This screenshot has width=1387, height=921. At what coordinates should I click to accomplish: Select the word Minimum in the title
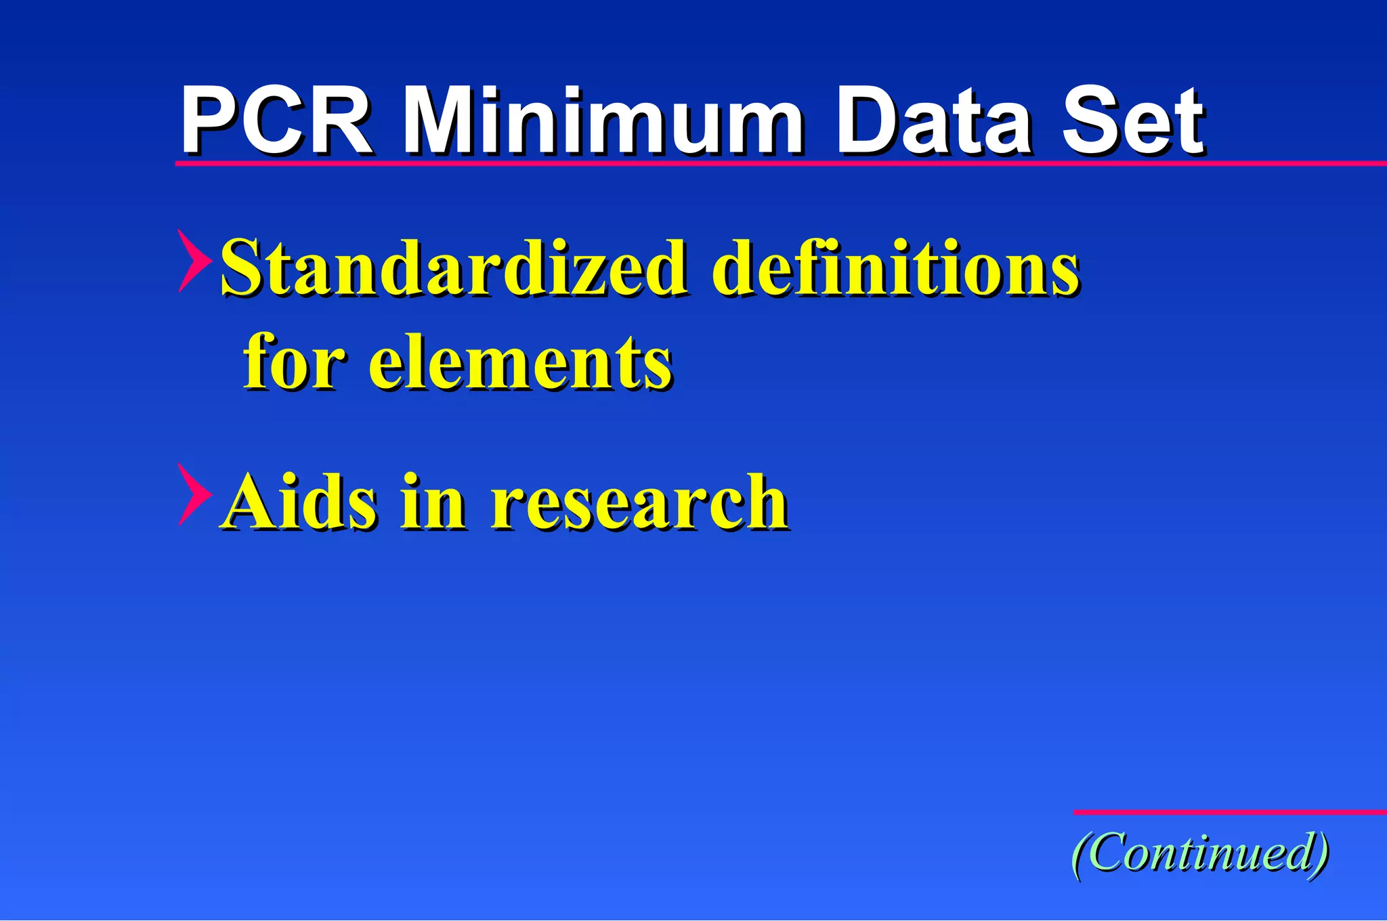point(603,122)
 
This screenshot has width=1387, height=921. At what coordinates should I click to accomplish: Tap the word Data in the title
point(935,122)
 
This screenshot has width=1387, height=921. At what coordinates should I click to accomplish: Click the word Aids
point(299,501)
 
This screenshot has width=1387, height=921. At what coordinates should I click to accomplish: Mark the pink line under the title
point(779,163)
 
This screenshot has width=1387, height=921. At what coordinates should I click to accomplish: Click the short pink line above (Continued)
point(1229,811)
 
